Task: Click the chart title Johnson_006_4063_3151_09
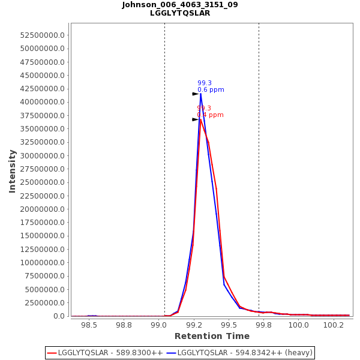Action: coord(180,5)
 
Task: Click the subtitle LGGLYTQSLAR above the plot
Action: coord(180,13)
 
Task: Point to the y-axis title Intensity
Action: coord(12,171)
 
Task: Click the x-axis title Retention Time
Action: coord(212,336)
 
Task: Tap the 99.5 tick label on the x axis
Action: coord(229,325)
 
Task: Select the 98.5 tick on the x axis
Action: coord(89,325)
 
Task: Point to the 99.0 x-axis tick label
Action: coord(158,325)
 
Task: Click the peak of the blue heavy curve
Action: coord(200,94)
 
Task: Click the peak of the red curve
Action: coord(200,119)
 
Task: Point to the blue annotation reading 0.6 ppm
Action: coord(211,90)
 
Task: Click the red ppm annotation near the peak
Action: coord(210,115)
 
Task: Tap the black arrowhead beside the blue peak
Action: coord(196,94)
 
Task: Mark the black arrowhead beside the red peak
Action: coord(196,119)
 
